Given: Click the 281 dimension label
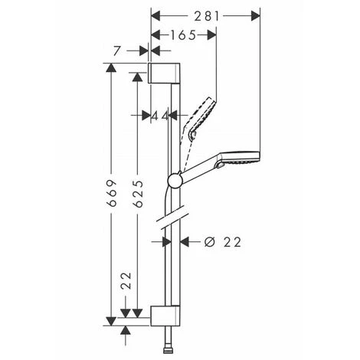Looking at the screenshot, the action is coord(207,17).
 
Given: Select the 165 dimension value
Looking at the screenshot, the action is coord(183,35).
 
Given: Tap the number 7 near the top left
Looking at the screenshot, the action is coord(116,51).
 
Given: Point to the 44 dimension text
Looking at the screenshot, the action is coord(160,116).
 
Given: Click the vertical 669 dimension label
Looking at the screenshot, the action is coord(112,193).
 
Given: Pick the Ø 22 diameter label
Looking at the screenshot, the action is coord(223,242).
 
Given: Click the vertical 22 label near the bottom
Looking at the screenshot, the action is coord(126,280).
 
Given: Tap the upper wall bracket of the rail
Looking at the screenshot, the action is coord(164,73).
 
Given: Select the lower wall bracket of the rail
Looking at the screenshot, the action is coord(165,316).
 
